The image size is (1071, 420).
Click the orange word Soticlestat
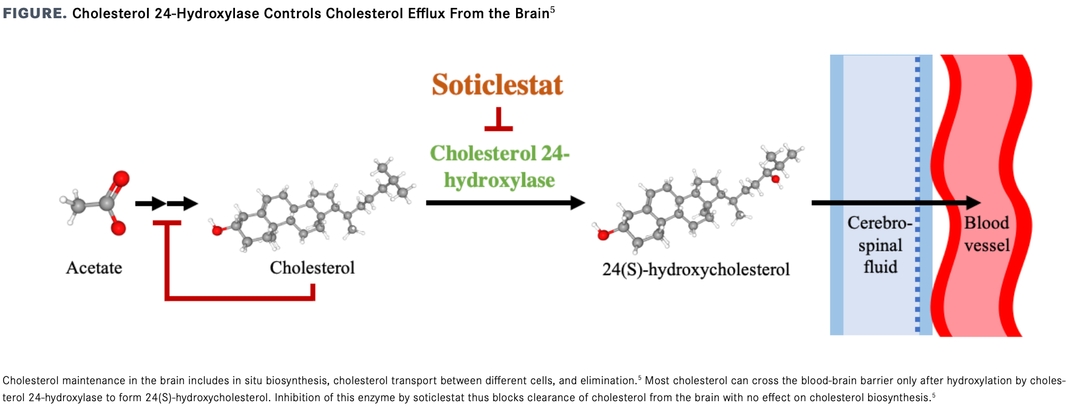[497, 85]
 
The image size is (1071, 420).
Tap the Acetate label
[94, 268]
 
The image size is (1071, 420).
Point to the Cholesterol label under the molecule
[312, 268]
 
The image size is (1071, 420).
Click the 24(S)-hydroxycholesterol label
[696, 269]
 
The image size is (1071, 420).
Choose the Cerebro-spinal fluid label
[880, 245]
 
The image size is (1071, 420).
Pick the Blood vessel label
[987, 234]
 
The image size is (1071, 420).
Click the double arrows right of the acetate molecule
[166, 204]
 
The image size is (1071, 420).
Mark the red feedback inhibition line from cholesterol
[240, 297]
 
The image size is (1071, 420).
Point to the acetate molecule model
[97, 203]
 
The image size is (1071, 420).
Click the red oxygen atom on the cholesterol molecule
[217, 231]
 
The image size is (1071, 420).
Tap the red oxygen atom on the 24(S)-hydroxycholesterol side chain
[775, 179]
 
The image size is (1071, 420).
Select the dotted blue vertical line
[917, 194]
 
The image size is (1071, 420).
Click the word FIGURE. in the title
[35, 13]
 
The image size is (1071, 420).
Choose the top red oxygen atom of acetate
[121, 178]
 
